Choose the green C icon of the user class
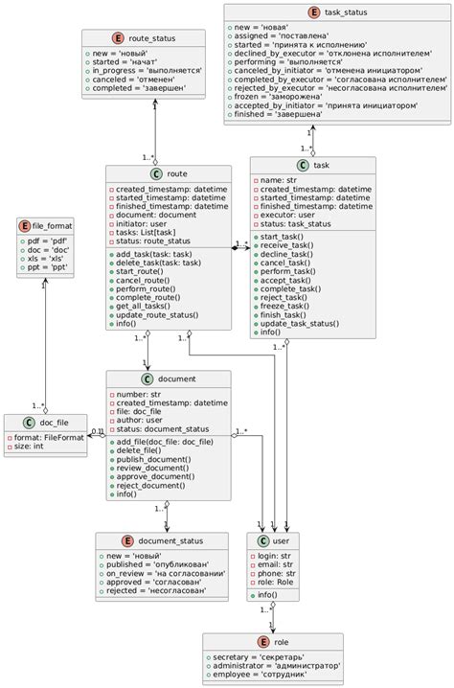pos(263,541)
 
